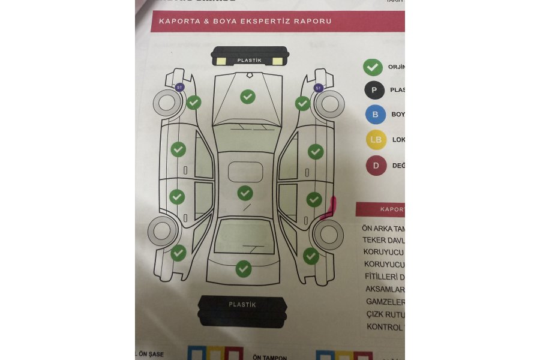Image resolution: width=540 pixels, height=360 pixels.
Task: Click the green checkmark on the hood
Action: click(x=247, y=96)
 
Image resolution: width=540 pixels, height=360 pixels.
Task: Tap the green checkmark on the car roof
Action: click(x=245, y=193)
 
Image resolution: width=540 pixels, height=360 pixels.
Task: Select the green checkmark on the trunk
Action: click(x=243, y=269)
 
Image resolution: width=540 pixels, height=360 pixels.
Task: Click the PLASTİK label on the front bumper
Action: click(x=249, y=61)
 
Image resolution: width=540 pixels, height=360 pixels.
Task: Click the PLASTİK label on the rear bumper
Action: click(x=242, y=305)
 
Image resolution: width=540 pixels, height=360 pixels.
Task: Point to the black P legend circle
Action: click(x=375, y=90)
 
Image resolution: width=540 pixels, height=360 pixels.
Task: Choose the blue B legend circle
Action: click(x=376, y=115)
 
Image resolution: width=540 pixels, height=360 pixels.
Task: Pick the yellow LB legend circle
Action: click(x=376, y=140)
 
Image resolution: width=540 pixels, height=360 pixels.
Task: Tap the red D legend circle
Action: click(x=376, y=165)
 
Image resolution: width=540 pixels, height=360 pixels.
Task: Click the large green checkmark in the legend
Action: click(x=373, y=67)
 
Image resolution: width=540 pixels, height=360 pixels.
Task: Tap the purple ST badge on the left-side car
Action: click(x=179, y=88)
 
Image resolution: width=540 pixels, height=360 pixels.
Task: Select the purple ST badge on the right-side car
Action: click(x=319, y=88)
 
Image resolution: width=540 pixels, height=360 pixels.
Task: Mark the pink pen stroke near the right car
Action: click(x=329, y=210)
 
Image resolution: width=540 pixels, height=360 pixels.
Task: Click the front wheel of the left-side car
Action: click(x=167, y=104)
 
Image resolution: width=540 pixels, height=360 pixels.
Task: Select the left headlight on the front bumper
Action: click(x=221, y=61)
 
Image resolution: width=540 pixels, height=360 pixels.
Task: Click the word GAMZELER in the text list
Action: click(x=385, y=302)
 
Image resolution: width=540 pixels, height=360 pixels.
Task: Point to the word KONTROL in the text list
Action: click(x=385, y=327)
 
